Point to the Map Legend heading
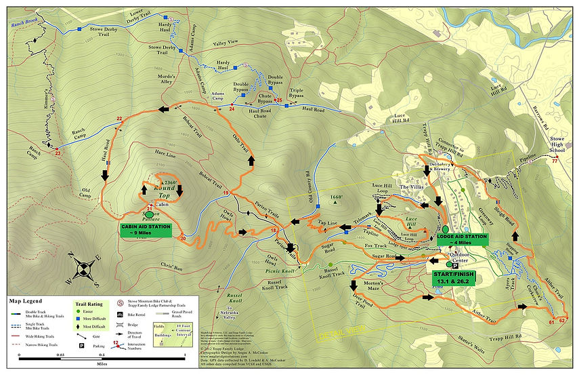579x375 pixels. click(25, 301)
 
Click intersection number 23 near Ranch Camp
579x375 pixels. click(58, 153)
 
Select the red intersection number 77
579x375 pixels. click(555, 161)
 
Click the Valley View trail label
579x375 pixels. click(227, 43)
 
